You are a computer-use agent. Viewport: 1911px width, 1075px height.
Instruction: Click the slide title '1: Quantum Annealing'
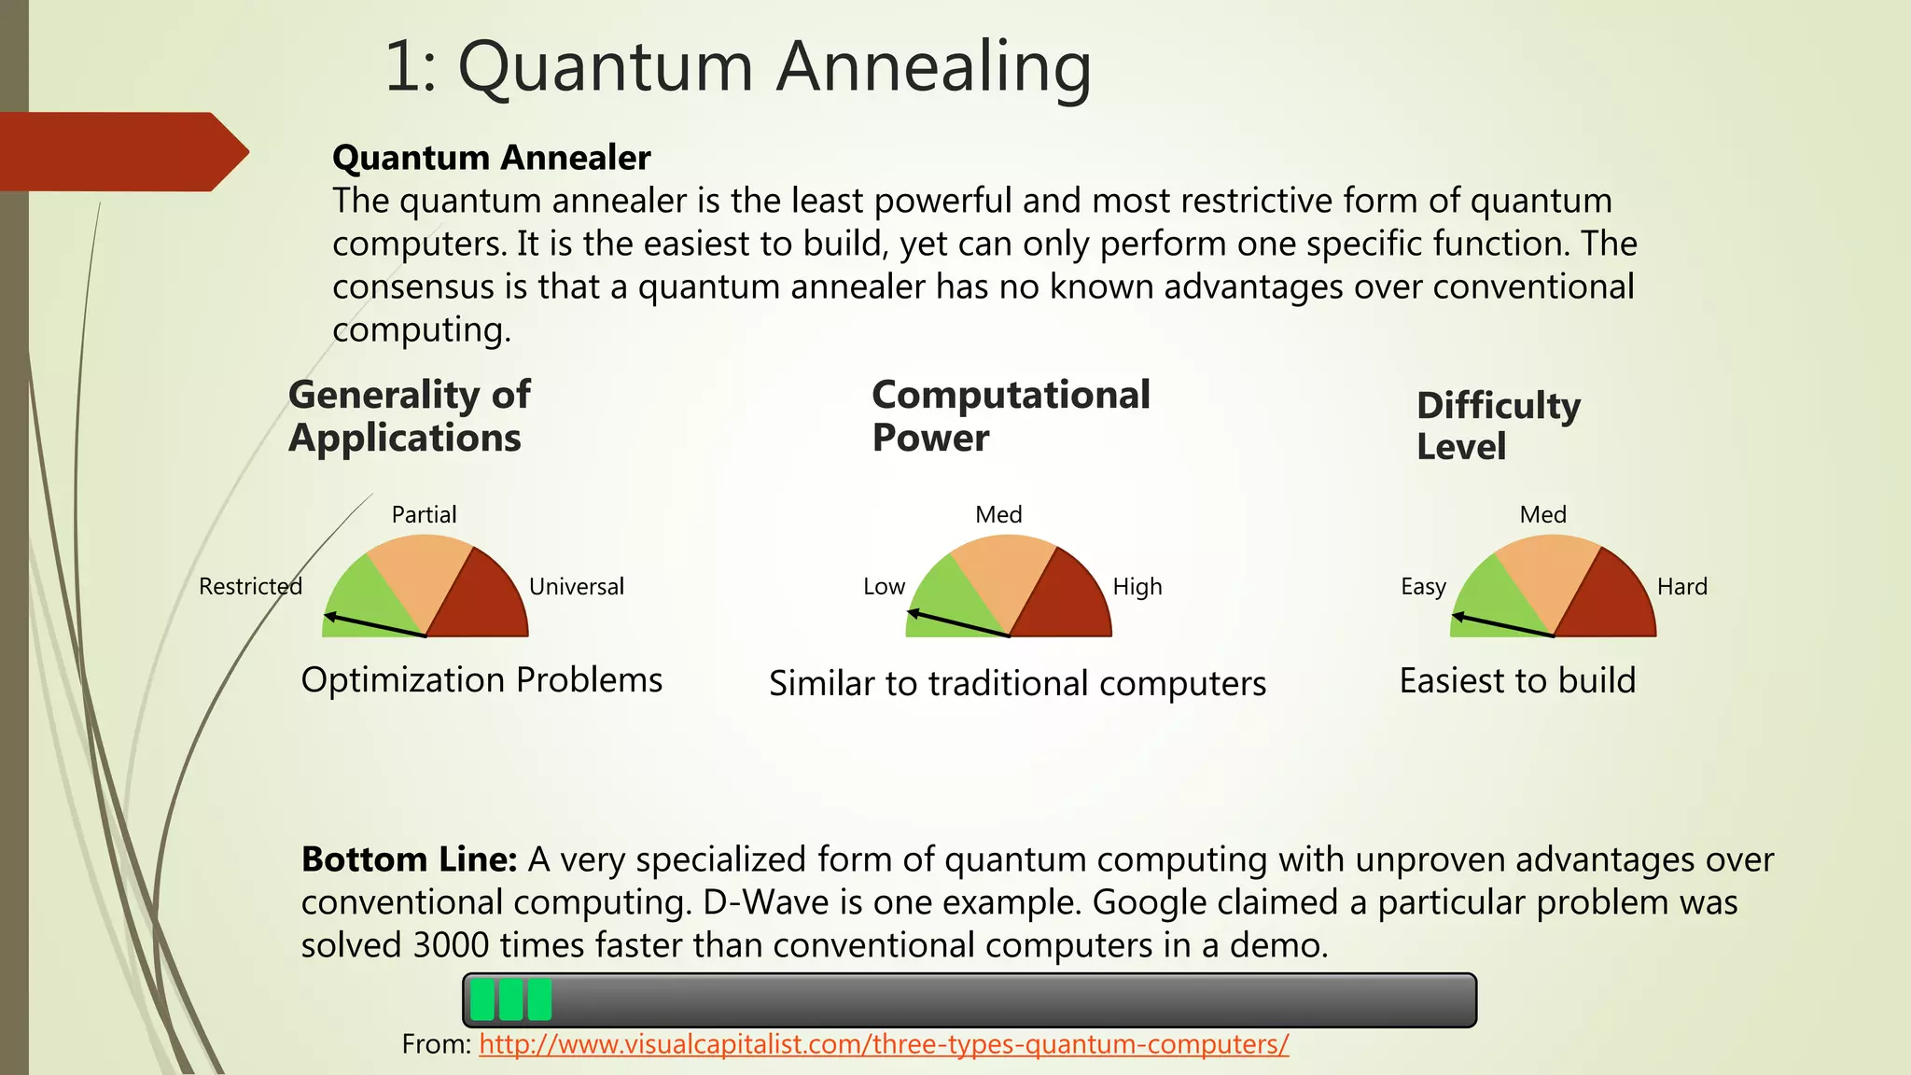click(737, 67)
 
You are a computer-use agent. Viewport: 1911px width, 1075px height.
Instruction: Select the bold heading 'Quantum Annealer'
click(491, 158)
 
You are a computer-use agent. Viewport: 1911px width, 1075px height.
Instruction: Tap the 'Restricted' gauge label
click(250, 586)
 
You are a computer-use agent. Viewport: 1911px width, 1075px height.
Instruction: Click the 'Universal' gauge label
click(576, 586)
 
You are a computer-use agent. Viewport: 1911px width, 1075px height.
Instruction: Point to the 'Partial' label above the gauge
click(424, 514)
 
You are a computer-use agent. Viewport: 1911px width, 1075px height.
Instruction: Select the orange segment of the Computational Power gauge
click(1003, 574)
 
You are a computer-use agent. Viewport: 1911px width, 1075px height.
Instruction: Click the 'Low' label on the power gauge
click(884, 586)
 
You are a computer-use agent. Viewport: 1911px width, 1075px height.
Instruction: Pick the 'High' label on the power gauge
click(1137, 586)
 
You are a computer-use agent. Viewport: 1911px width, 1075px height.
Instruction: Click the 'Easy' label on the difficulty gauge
click(1423, 586)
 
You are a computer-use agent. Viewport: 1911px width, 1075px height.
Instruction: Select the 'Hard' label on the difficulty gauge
click(1681, 586)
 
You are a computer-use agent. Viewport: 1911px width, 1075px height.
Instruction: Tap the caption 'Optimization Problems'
click(481, 679)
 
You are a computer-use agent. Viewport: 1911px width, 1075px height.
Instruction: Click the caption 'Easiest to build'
click(1517, 680)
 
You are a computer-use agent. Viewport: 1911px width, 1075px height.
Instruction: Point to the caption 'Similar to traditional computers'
click(1017, 683)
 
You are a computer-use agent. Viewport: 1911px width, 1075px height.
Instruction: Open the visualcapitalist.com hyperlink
click(884, 1043)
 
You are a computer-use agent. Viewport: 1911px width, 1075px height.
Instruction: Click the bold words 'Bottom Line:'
click(409, 859)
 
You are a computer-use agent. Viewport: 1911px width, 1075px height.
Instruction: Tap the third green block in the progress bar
click(539, 999)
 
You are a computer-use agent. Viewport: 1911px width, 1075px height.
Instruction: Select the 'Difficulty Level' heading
click(1497, 426)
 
